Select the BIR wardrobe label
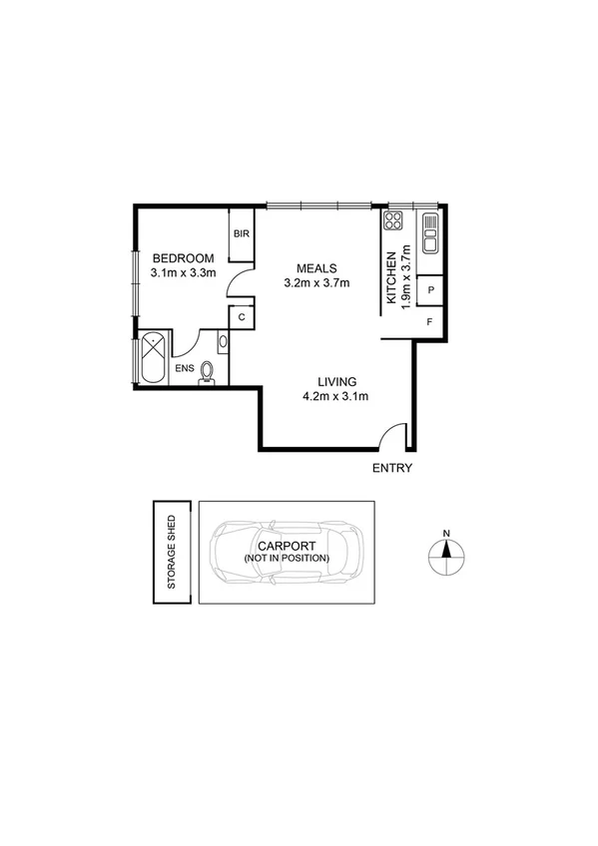tap(241, 234)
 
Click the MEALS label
tap(316, 267)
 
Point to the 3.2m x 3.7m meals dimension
tap(316, 283)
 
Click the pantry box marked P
tap(430, 289)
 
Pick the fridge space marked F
tap(430, 321)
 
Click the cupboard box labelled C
tap(242, 317)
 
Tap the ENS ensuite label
tap(185, 369)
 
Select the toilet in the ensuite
tap(208, 372)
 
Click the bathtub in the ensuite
tap(154, 356)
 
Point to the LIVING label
tap(336, 381)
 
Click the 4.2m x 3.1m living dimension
tap(336, 397)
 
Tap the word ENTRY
tap(391, 468)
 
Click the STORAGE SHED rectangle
tap(171, 552)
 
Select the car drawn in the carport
tap(287, 552)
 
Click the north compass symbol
tap(447, 551)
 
